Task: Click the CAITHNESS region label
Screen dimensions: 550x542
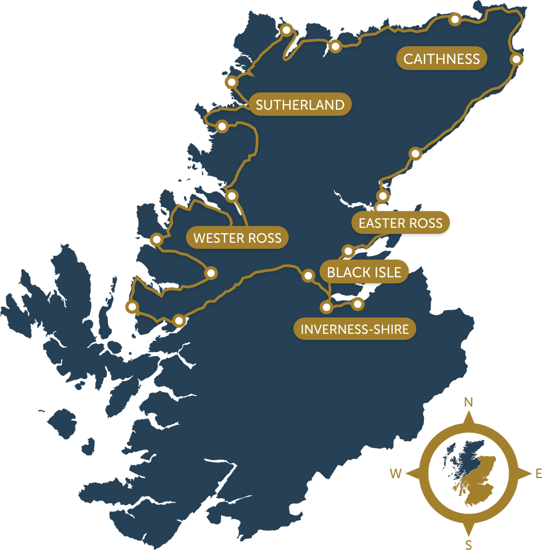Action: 441,59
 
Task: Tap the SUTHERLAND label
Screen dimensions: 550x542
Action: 300,105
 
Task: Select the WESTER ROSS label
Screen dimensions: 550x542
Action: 237,238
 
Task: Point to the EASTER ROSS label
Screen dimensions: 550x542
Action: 400,223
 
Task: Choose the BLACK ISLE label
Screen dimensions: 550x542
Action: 364,272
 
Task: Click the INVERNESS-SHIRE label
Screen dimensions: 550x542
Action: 355,329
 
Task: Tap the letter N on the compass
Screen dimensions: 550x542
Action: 469,402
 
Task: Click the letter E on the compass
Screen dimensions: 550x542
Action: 538,474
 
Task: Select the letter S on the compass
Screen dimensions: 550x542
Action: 469,545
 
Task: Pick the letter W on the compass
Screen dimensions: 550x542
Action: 396,474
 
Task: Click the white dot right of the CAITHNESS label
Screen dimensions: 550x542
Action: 516,60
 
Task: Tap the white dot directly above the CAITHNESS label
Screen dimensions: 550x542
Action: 455,19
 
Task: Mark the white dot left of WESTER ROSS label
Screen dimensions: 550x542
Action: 157,240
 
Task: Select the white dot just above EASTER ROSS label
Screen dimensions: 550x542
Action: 382,195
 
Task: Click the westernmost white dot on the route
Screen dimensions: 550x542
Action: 132,307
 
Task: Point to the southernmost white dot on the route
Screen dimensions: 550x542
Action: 179,321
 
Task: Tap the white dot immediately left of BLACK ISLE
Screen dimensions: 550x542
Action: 308,276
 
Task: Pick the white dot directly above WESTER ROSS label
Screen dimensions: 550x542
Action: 231,196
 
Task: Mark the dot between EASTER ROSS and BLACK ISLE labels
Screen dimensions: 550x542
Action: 348,251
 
